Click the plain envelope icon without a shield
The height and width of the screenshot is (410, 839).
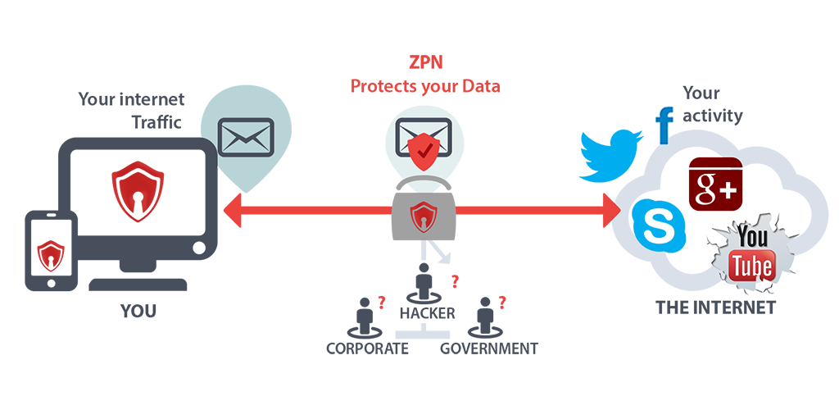tap(246, 137)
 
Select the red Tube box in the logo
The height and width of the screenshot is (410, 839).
tap(751, 266)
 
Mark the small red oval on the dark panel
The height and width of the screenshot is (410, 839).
tap(51, 248)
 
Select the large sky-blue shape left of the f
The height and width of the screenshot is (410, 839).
tap(574, 139)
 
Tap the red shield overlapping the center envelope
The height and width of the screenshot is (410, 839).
tap(424, 148)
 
